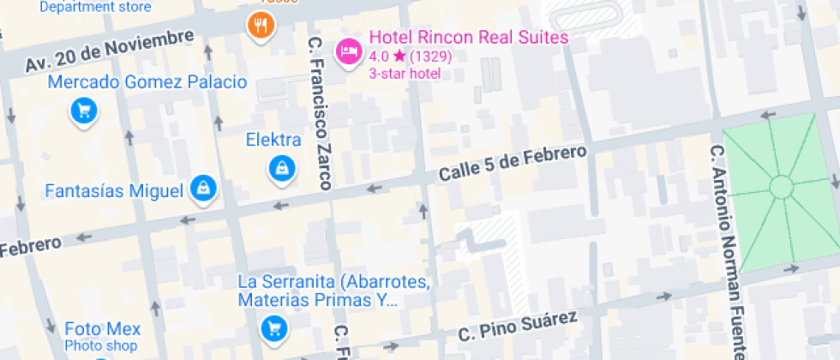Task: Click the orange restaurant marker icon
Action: click(x=261, y=25)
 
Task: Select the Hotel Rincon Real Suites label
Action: click(x=468, y=38)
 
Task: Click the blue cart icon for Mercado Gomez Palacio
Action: click(x=83, y=111)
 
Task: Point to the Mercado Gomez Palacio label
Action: click(x=147, y=83)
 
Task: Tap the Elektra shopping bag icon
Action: click(x=281, y=168)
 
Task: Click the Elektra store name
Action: click(x=273, y=140)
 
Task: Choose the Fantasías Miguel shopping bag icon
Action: click(x=203, y=189)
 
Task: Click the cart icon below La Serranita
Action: click(x=273, y=327)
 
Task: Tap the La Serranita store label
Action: click(x=333, y=291)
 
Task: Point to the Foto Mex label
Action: click(x=102, y=330)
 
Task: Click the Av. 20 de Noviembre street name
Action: click(x=109, y=51)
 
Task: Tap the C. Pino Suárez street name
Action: click(x=518, y=326)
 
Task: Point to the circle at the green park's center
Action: click(x=782, y=186)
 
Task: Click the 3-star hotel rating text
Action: click(x=405, y=73)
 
